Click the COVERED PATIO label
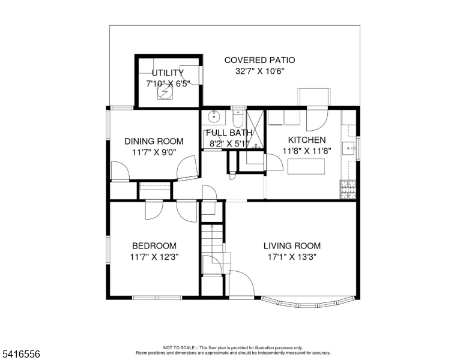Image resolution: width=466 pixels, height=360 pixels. pyautogui.click(x=259, y=60)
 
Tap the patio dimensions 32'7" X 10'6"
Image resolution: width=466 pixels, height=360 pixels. pyautogui.click(x=259, y=71)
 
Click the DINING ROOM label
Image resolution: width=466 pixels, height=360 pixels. pyautogui.click(x=154, y=142)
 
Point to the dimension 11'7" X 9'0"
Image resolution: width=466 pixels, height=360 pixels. pyautogui.click(x=154, y=152)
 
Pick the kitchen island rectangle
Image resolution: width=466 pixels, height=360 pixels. pyautogui.click(x=306, y=167)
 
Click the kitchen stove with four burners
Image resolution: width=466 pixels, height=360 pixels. pyautogui.click(x=348, y=190)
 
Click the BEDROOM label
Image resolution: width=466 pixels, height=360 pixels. pyautogui.click(x=154, y=246)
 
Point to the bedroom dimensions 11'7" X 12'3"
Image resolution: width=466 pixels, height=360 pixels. pyautogui.click(x=154, y=257)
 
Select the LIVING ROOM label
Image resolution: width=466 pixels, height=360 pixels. pyautogui.click(x=292, y=246)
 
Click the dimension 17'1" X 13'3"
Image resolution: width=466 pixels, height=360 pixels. pyautogui.click(x=292, y=257)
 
